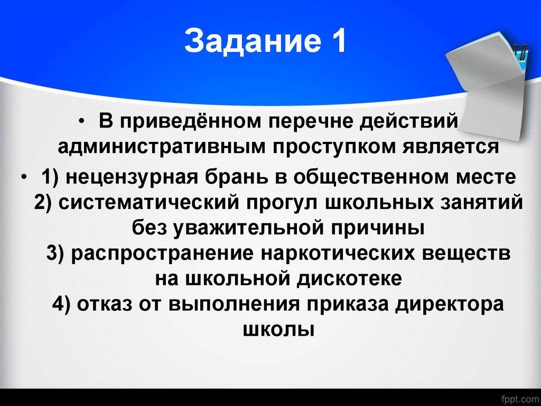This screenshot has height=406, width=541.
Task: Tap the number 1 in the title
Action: pyautogui.click(x=338, y=42)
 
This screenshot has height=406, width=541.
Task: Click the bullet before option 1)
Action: pyautogui.click(x=26, y=177)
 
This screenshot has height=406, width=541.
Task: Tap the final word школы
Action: pyautogui.click(x=278, y=329)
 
